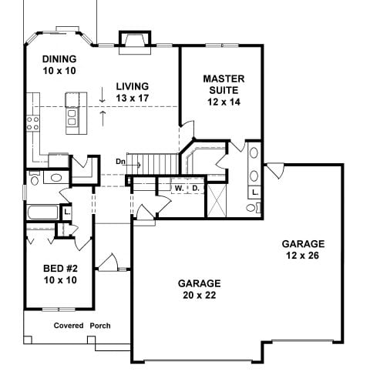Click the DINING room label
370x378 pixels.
click(x=59, y=59)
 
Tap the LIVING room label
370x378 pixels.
click(x=133, y=86)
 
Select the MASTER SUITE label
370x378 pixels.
click(x=224, y=85)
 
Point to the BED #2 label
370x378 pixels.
click(x=60, y=269)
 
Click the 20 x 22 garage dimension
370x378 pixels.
click(x=200, y=295)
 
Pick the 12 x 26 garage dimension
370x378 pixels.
click(x=303, y=256)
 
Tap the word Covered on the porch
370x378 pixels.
click(x=69, y=326)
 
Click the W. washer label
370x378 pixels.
click(x=179, y=189)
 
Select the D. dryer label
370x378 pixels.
click(x=196, y=188)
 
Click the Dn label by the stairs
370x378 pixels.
click(x=120, y=162)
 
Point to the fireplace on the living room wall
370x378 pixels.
click(x=135, y=42)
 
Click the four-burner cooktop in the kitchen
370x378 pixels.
click(x=33, y=123)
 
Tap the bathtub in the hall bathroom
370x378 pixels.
click(x=42, y=212)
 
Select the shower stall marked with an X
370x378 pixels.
click(x=217, y=200)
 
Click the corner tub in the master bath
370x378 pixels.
click(x=203, y=160)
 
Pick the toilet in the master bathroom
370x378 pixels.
click(x=254, y=207)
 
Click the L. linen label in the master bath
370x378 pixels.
click(x=255, y=192)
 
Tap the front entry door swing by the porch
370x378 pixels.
click(x=108, y=263)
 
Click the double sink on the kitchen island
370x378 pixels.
click(x=72, y=117)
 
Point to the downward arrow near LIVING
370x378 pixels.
click(x=103, y=95)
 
